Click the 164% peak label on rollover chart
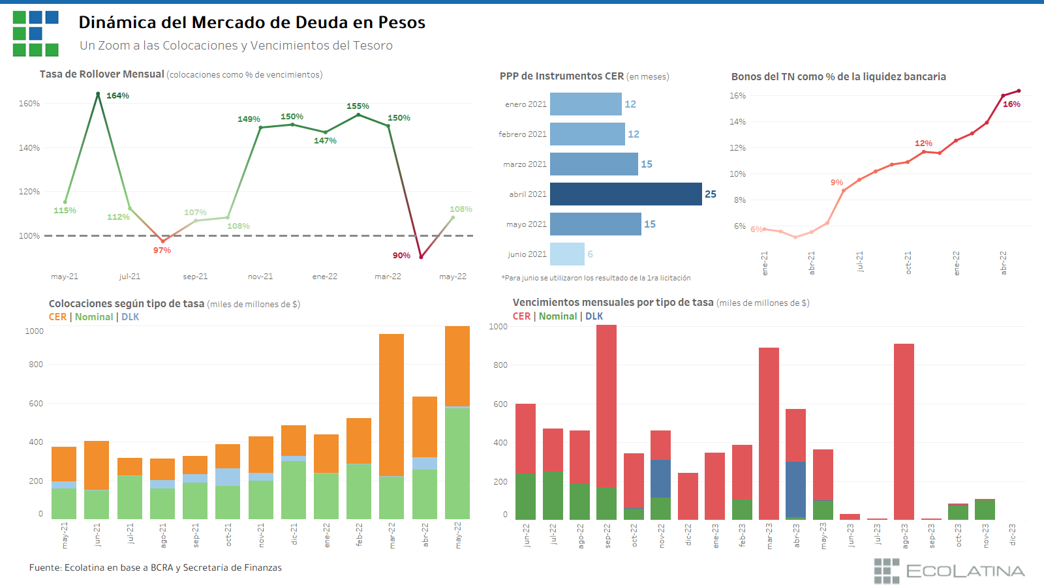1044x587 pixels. (x=117, y=96)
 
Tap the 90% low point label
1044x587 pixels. (x=401, y=256)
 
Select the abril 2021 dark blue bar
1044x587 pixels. (x=626, y=194)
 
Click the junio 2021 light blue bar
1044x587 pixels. (x=567, y=254)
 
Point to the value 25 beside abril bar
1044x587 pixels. (x=711, y=194)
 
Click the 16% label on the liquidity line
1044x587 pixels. (x=1011, y=104)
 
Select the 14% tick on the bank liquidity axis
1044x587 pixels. (x=737, y=122)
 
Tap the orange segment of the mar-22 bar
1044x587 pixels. (x=391, y=404)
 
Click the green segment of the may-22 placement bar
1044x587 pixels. (x=457, y=463)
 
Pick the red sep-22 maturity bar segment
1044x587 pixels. (x=606, y=404)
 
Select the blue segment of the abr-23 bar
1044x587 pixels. (x=795, y=489)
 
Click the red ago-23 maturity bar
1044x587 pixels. (x=904, y=430)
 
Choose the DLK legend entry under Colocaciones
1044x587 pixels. (x=130, y=317)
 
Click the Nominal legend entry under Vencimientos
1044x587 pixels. (x=558, y=316)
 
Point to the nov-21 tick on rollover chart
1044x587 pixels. (x=260, y=277)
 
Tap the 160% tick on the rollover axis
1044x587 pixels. (x=29, y=104)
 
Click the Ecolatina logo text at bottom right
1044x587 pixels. (x=965, y=571)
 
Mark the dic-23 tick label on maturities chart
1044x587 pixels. (x=1012, y=535)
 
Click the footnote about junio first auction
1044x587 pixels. (x=596, y=278)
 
